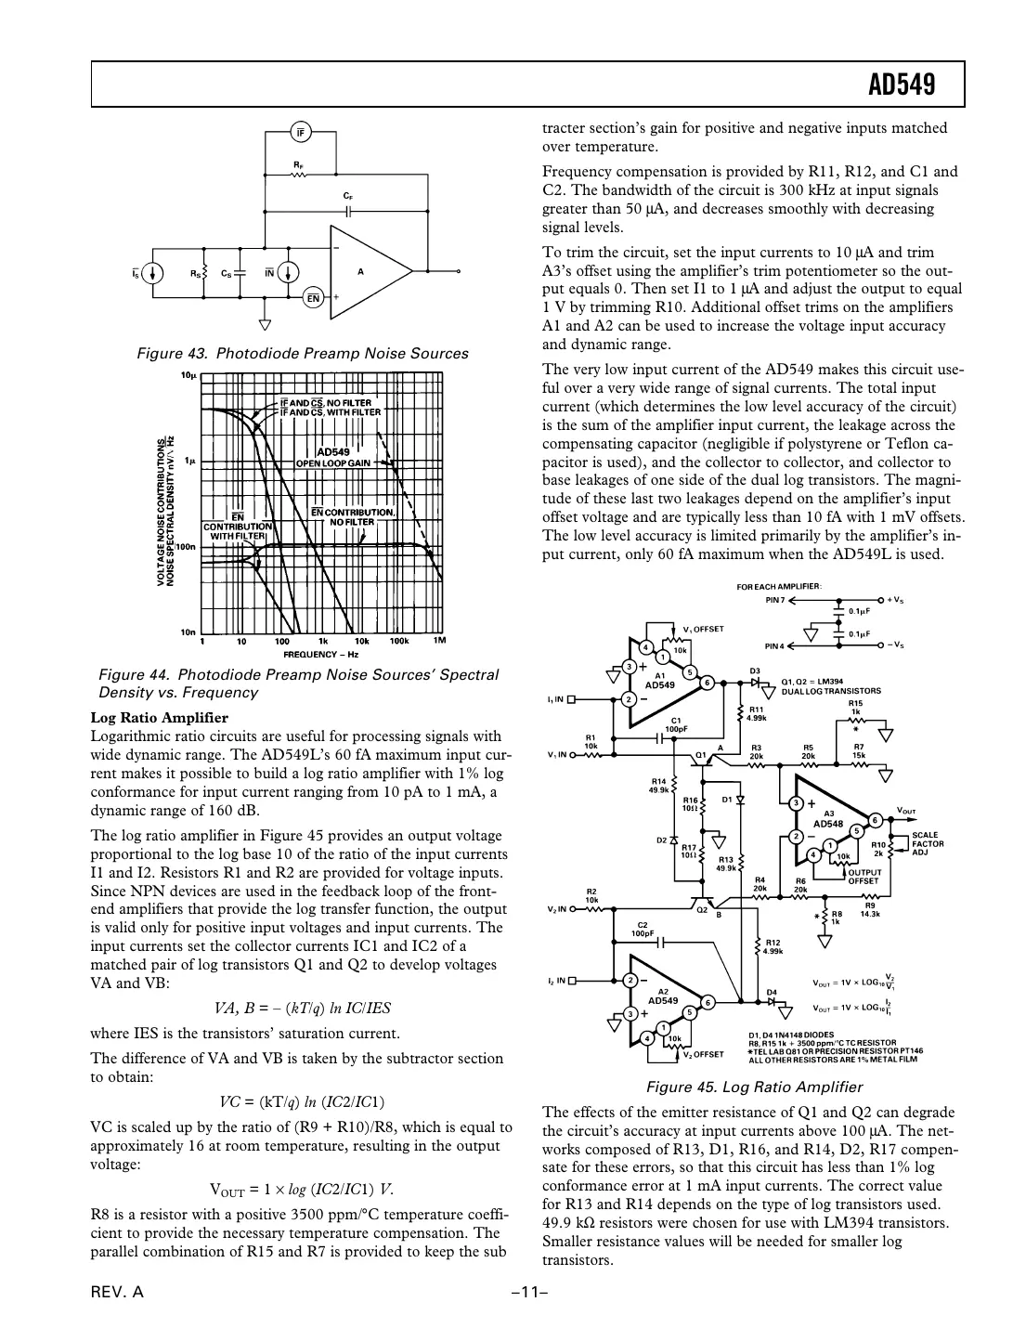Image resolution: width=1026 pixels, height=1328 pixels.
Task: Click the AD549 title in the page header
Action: coord(901,85)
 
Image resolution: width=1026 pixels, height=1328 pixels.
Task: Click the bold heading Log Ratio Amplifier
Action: coord(159,718)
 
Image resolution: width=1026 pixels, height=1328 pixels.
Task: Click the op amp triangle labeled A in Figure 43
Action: coord(366,272)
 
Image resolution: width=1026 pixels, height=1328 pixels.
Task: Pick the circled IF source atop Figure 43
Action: coord(301,132)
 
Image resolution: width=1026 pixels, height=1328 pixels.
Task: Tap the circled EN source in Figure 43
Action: coord(314,299)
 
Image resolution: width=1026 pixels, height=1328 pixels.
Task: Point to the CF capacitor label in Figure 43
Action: coord(348,197)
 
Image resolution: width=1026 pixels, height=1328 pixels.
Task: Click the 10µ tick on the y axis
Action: coord(188,376)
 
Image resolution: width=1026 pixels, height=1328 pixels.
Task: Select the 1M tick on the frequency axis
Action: coord(439,641)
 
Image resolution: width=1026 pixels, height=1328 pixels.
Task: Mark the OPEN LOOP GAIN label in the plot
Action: coord(333,462)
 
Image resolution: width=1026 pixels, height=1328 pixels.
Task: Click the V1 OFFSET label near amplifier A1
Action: coord(703,629)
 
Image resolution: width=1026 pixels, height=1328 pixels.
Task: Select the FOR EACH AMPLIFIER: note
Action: coord(773,586)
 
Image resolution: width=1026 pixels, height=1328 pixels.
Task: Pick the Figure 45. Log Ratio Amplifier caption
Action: coord(754,1087)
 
